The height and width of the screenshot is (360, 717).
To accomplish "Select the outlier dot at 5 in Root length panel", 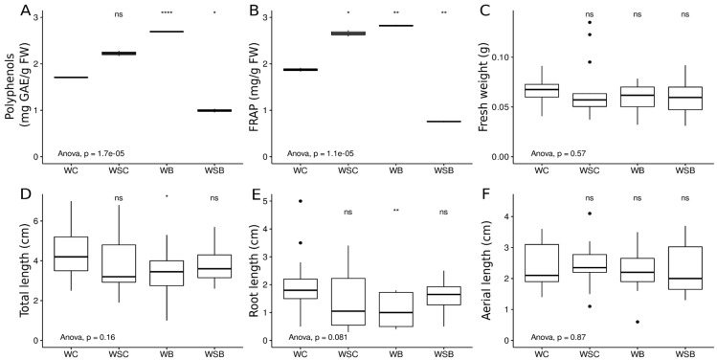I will pos(304,201).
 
